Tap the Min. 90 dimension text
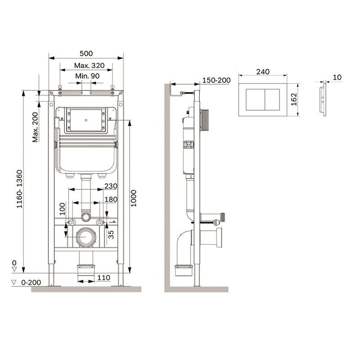point(87,76)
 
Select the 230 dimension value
point(111,186)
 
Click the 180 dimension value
point(111,199)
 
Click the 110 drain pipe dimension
point(103,278)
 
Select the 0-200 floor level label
point(31,282)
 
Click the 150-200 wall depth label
point(216,80)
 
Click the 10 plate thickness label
point(337,77)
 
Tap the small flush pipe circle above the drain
point(86,217)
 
